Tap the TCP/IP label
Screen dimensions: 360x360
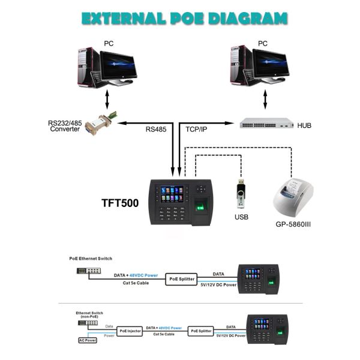click(199, 128)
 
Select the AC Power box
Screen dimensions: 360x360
click(87, 340)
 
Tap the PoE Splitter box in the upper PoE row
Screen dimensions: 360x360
click(182, 279)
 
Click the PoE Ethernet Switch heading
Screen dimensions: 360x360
click(91, 258)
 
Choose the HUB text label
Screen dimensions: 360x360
click(304, 125)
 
